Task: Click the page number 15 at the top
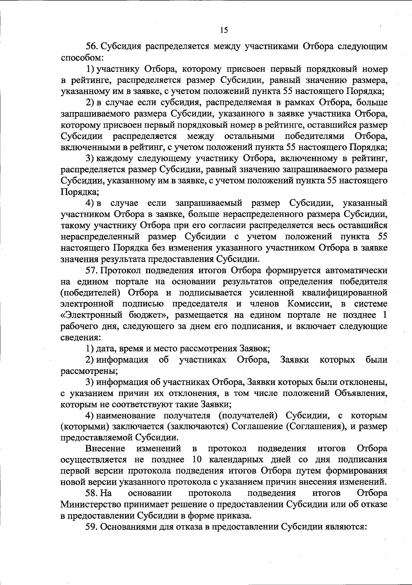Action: tap(224, 30)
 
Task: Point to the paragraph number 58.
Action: tap(91, 493)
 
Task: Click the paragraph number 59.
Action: tap(91, 527)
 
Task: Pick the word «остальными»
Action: tap(249, 137)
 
